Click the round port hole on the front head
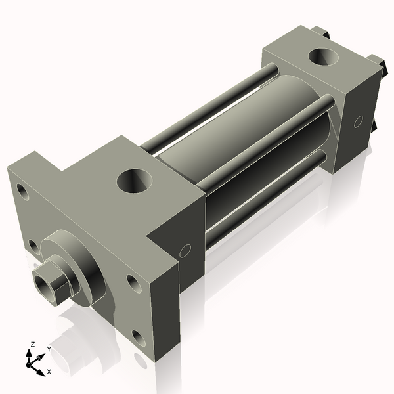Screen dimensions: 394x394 [x=135, y=181]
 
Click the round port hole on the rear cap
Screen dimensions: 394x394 [x=323, y=57]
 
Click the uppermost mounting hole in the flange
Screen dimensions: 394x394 [x=22, y=192]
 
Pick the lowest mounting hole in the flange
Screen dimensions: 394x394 [x=139, y=338]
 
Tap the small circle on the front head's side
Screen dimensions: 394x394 [x=185, y=251]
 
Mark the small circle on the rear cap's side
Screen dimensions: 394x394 [x=359, y=121]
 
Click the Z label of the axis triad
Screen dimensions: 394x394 [x=32, y=345]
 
